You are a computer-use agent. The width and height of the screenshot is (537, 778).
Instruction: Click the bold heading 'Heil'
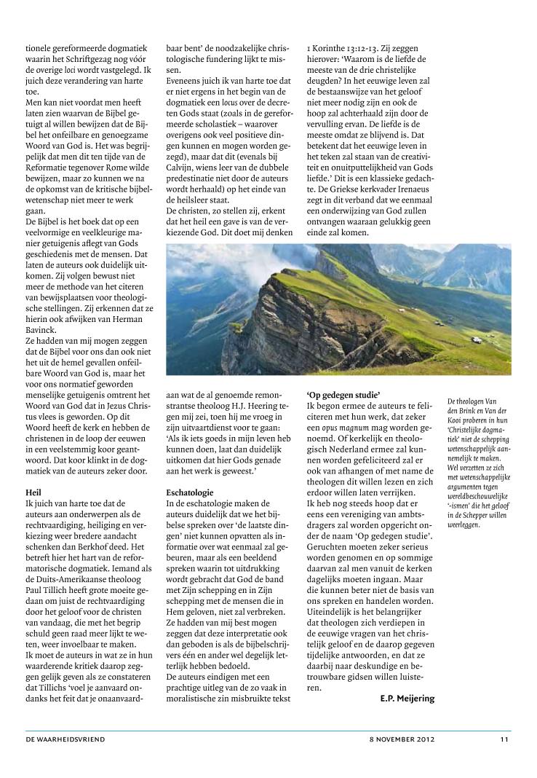(x=33, y=492)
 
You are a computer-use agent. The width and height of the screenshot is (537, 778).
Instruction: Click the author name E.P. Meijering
(x=407, y=698)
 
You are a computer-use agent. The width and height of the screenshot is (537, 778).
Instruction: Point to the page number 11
(x=504, y=739)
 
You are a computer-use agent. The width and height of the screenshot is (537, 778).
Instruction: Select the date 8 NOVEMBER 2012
(x=402, y=739)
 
